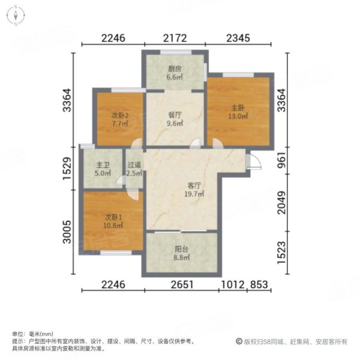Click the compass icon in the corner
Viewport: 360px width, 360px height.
(14, 14)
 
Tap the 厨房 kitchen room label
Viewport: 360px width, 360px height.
(174, 68)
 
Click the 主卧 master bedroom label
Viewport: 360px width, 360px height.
(238, 109)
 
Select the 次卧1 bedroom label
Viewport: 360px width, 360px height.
(112, 218)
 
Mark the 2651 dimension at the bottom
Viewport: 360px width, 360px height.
(181, 285)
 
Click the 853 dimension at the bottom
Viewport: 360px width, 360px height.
(259, 285)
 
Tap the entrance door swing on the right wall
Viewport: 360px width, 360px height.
(254, 161)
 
